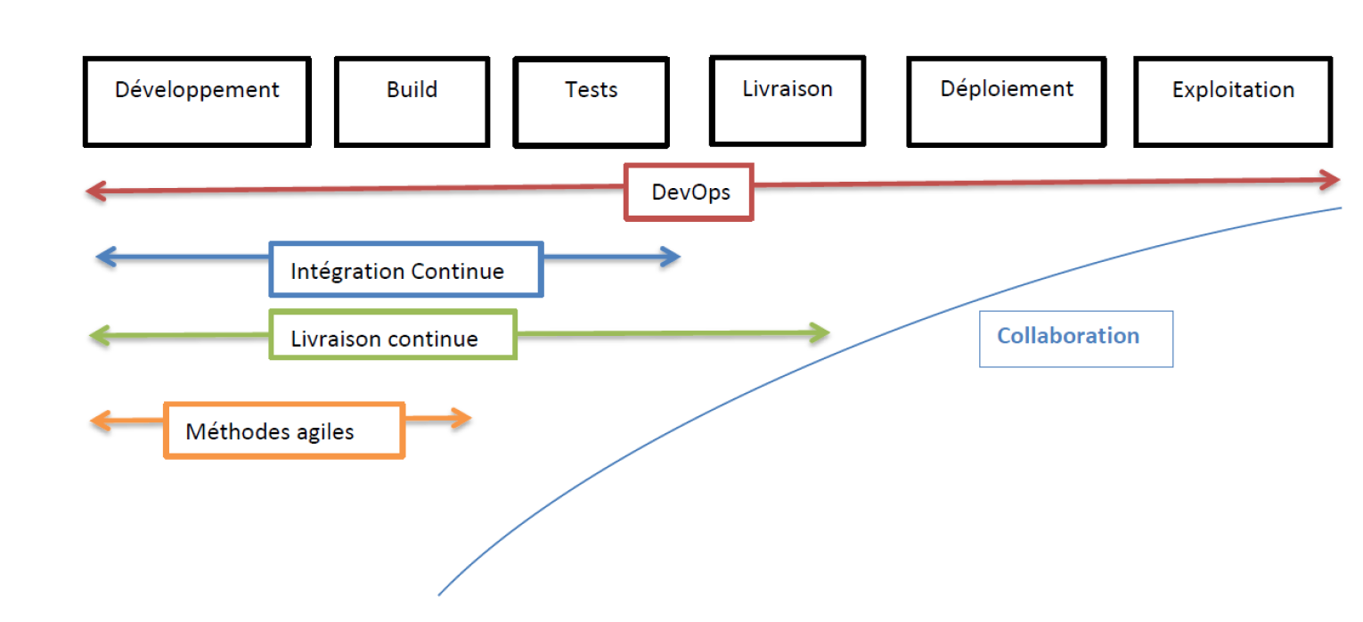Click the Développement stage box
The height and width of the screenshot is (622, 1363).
tap(197, 102)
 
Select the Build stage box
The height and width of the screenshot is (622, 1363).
tap(412, 102)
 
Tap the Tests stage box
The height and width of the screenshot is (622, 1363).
tap(591, 102)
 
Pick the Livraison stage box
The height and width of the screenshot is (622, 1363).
tap(787, 100)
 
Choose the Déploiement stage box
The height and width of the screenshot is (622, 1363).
tap(1006, 101)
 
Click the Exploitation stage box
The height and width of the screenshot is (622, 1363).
tap(1233, 102)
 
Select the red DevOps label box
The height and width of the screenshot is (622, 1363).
tap(690, 192)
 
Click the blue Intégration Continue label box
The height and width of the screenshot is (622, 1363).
tap(406, 269)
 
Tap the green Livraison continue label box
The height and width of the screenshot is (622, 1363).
tap(393, 335)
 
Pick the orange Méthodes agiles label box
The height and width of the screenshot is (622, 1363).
tap(284, 430)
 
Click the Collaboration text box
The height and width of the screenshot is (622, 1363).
tap(1075, 338)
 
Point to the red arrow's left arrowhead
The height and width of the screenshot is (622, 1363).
tap(95, 191)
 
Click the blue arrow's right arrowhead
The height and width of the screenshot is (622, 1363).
tap(671, 258)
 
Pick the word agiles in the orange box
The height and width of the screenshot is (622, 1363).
tap(326, 432)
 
